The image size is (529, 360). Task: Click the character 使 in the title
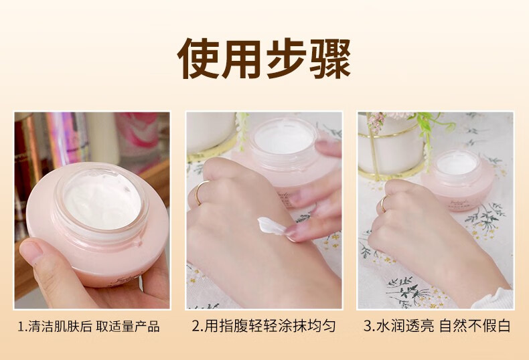point(198,59)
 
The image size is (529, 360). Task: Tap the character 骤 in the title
point(330,59)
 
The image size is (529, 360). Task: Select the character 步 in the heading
point(287,59)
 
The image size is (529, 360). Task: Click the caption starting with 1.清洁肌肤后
point(89,327)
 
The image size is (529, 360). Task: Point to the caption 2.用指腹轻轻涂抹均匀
point(264,326)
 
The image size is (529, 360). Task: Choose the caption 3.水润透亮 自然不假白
point(437,326)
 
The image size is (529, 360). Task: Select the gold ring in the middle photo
point(198,193)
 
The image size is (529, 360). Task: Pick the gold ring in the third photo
point(384,203)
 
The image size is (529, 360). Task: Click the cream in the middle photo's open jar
point(284,139)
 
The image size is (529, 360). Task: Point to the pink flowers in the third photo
point(377,120)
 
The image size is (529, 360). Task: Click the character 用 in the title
point(242,59)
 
